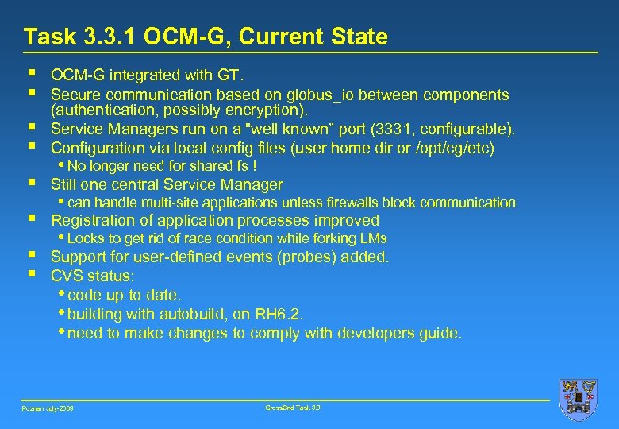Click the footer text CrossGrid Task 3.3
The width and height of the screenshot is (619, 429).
[293, 408]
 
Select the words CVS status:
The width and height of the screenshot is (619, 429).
[93, 276]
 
